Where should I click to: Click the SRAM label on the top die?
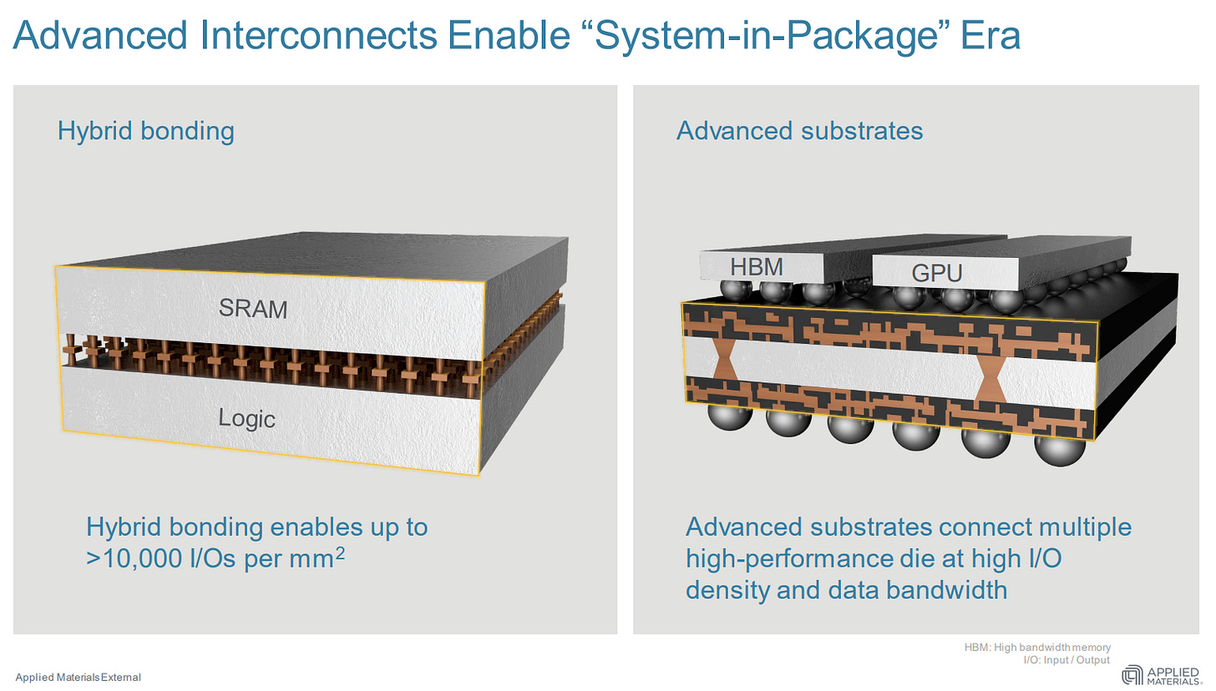[x=253, y=309]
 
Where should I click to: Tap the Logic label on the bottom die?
[x=247, y=417]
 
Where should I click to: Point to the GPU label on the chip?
[x=936, y=273]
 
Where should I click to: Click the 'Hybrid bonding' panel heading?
[x=145, y=131]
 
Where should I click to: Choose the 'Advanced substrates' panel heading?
[x=799, y=131]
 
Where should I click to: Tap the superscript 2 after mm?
[x=339, y=552]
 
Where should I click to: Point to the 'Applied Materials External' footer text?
[x=78, y=677]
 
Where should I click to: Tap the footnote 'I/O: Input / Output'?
[x=1067, y=660]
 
